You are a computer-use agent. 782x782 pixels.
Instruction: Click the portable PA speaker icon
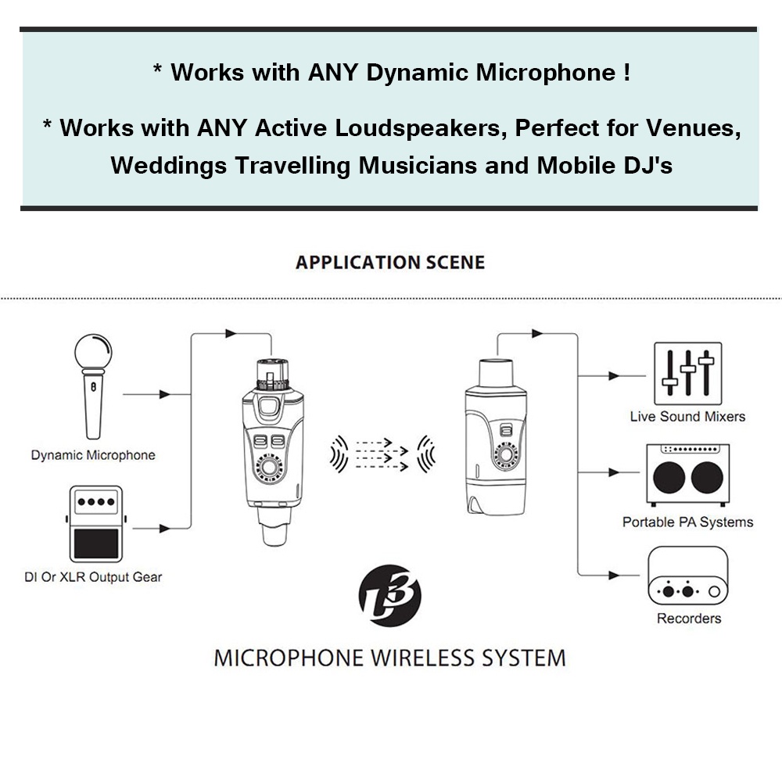[x=687, y=475]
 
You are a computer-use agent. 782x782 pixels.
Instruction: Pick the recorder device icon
[x=687, y=576]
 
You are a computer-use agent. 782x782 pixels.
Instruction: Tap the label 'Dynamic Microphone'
[x=93, y=455]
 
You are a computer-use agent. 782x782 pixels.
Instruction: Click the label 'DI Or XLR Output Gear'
[x=93, y=578]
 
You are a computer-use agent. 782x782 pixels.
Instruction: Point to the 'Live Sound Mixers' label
[x=687, y=417]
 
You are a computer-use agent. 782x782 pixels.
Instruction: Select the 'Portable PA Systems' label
[x=687, y=522]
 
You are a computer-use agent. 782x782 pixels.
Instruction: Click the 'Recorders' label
[x=688, y=619]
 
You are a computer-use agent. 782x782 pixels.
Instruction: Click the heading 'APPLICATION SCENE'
[x=389, y=263]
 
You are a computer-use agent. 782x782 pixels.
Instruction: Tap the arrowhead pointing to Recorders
[x=615, y=576]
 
